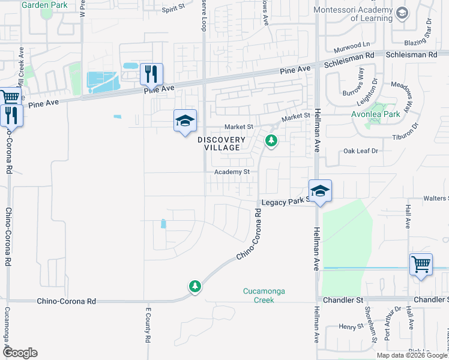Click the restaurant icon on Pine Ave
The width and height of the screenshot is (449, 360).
point(151,74)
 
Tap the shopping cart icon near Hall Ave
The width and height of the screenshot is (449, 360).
point(421,264)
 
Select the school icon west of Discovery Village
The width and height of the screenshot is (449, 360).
point(185,121)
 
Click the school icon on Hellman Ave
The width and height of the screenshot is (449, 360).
point(321,191)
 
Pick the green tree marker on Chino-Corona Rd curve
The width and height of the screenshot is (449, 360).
point(194,287)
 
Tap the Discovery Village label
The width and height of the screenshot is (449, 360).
point(221,143)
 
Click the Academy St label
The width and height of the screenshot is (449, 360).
point(232,172)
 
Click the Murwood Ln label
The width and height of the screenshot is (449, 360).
point(352,45)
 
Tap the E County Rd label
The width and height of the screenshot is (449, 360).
point(147,325)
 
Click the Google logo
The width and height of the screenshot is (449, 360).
point(19,352)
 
